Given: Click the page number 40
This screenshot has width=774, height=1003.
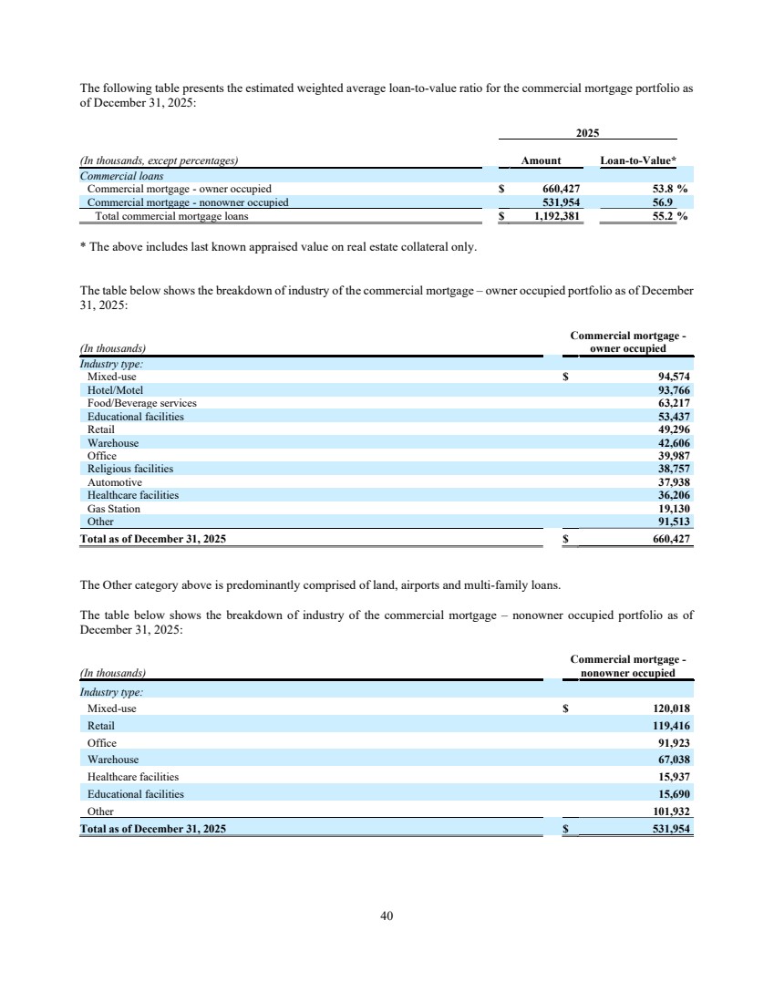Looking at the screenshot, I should (387, 915).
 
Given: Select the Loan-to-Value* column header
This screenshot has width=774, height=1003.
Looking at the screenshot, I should (638, 161).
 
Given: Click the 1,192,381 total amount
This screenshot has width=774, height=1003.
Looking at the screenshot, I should (557, 217).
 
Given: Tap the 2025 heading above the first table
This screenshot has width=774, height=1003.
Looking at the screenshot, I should (587, 133).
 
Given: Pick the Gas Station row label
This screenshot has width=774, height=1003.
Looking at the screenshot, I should (113, 509).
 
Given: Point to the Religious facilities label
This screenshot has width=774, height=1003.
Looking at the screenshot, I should (129, 469).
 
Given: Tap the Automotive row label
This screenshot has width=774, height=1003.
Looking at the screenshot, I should (114, 482).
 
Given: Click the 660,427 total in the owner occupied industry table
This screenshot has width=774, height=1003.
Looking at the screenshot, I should (670, 539).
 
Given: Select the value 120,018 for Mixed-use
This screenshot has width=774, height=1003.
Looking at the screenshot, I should (670, 708).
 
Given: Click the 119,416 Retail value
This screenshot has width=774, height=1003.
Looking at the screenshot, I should (670, 726).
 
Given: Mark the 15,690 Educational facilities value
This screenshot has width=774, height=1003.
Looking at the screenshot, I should (670, 794).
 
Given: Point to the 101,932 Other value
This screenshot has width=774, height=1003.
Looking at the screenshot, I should (670, 812).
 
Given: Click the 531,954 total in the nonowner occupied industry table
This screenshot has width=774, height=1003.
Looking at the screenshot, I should (670, 830).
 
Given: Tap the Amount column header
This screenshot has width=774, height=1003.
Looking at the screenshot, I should (541, 161).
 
